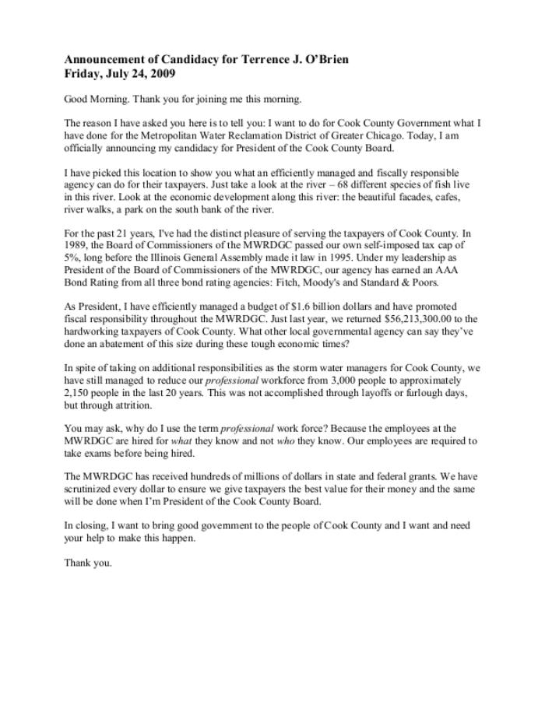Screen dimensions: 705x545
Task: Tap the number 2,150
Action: click(78, 394)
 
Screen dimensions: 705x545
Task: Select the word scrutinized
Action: click(90, 490)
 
